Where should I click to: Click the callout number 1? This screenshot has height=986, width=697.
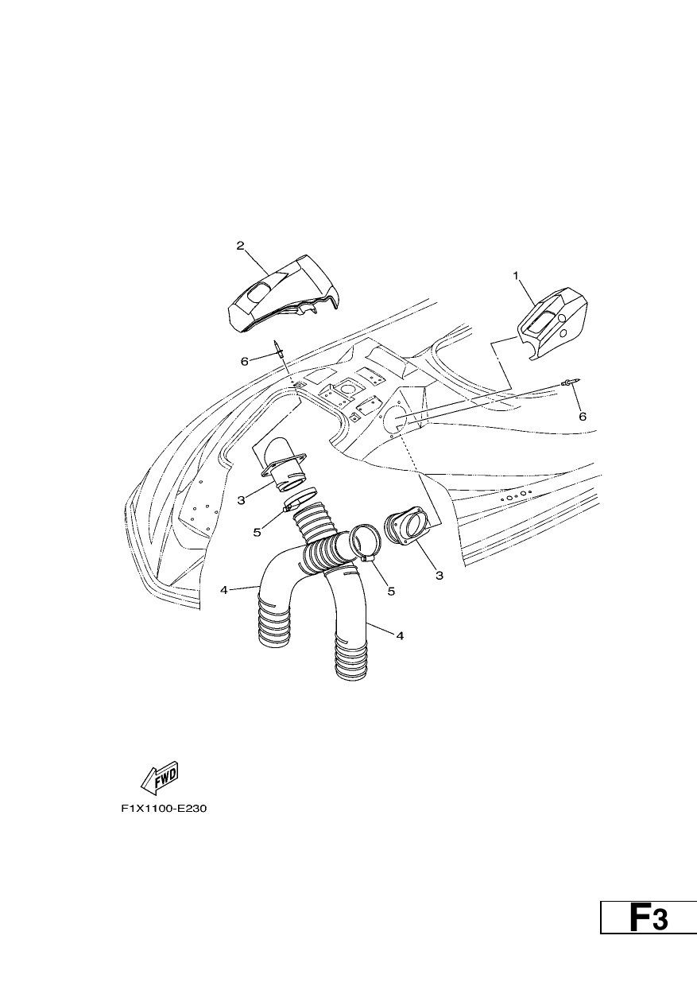[516, 276]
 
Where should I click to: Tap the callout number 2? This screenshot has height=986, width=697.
[240, 246]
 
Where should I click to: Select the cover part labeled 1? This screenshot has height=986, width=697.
[552, 324]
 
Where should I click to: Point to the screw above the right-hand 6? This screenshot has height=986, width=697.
[571, 383]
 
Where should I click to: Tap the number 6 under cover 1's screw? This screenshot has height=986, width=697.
[582, 417]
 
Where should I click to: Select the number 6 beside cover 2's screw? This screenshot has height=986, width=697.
[245, 361]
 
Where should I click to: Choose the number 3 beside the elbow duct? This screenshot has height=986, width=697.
[241, 500]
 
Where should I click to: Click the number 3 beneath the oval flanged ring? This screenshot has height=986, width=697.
[439, 575]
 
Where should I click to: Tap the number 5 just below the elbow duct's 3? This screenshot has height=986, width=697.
[257, 532]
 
